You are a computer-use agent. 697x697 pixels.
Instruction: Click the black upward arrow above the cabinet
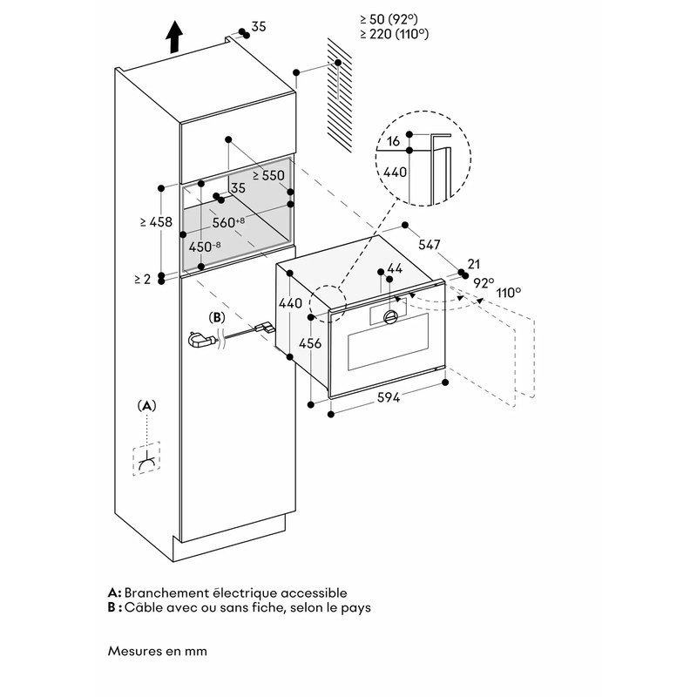[x=174, y=37]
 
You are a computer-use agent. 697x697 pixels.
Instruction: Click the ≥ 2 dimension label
[x=143, y=279]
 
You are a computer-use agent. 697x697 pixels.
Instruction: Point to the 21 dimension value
[x=474, y=265]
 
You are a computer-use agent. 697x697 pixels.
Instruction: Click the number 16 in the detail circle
[x=394, y=140]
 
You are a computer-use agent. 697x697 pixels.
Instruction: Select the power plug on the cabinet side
[x=203, y=341]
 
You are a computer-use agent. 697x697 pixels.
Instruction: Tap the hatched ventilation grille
[x=340, y=91]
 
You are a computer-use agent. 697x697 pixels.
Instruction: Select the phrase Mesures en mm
[x=158, y=650]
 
